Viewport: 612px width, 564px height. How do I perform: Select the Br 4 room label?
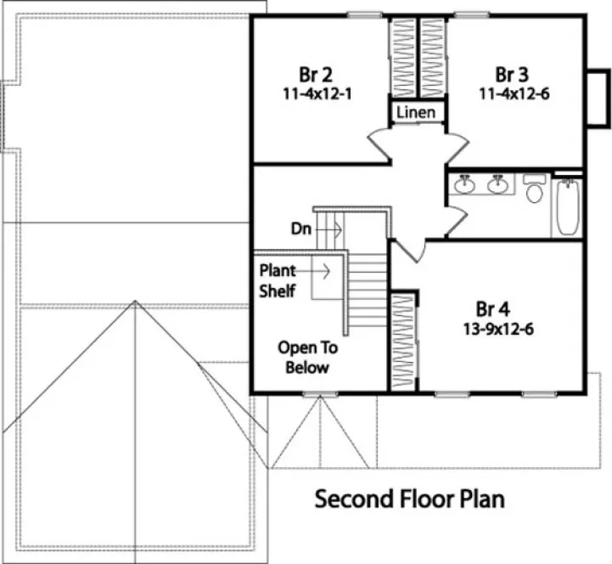point(493,307)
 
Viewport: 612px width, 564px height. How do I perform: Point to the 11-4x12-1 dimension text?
point(317,93)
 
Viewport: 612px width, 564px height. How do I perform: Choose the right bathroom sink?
point(497,183)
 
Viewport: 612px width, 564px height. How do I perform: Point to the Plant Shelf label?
point(278,281)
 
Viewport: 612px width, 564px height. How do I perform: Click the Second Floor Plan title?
point(410,499)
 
